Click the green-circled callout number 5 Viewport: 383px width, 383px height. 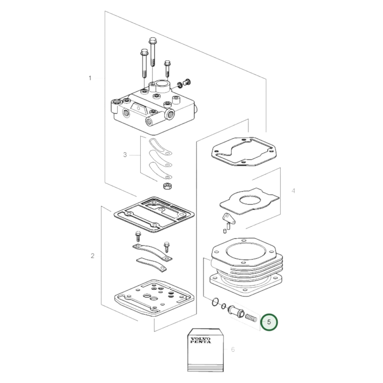[x=269, y=322]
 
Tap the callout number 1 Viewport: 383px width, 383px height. [x=90, y=78]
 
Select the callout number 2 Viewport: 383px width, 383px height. [x=92, y=256]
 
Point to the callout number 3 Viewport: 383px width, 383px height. [x=125, y=155]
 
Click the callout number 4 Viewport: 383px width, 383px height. [x=293, y=191]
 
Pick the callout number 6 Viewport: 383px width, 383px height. [x=233, y=350]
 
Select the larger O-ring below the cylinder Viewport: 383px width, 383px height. [x=215, y=302]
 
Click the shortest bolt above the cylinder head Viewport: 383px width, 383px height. [x=167, y=68]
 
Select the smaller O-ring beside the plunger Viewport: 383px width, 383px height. [x=224, y=306]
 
